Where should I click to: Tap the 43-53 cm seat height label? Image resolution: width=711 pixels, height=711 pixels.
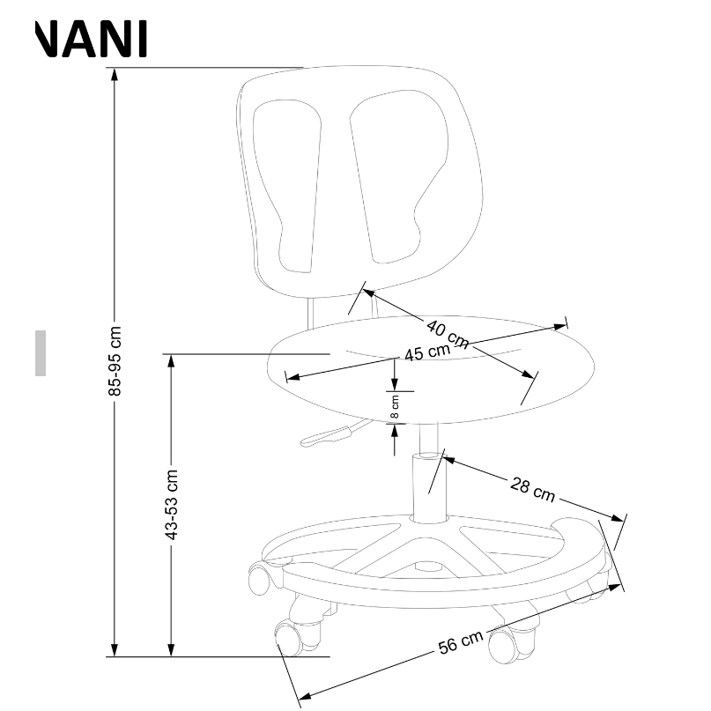173,504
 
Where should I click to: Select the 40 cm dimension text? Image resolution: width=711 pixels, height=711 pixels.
448,332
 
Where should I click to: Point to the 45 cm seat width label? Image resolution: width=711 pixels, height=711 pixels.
426,352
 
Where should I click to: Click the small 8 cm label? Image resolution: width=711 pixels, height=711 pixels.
395,407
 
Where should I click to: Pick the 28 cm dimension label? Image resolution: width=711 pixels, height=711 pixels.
532,487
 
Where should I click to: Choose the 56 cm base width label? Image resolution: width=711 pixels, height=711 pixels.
461,644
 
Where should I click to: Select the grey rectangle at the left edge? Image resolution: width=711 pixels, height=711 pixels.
41,353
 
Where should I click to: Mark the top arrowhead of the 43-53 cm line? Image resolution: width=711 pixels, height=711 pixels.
173,360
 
